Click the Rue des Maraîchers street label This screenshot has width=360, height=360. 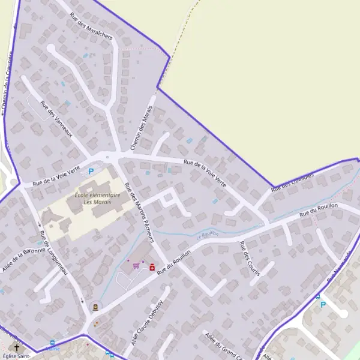[91, 26]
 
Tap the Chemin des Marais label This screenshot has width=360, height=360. [142, 128]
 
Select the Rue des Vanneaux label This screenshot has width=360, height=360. [56, 118]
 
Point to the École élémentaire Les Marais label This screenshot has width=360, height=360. [97, 199]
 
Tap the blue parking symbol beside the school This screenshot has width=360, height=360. [91, 172]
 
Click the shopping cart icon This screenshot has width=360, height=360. [136, 265]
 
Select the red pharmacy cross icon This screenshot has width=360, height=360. [152, 267]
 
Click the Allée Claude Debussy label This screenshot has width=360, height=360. [147, 320]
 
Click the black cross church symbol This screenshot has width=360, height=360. [17, 347]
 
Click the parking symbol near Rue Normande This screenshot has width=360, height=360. [323, 304]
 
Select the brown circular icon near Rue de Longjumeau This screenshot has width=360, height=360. [95, 307]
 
